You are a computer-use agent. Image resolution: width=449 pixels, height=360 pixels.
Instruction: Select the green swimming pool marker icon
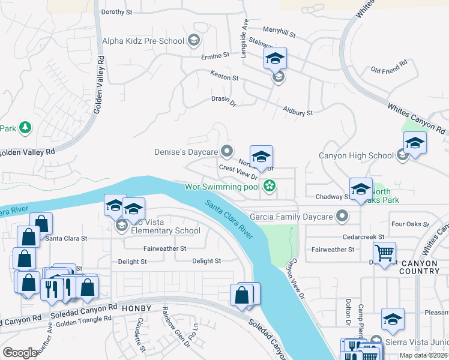(x=270, y=187)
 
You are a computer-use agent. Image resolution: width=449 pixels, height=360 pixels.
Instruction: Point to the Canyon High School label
(x=356, y=156)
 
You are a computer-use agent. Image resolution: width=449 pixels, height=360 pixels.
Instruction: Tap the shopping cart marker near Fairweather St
(x=385, y=252)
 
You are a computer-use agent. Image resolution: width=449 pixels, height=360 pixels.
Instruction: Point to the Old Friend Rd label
(x=389, y=67)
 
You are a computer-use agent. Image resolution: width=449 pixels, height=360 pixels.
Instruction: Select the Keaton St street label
(x=224, y=77)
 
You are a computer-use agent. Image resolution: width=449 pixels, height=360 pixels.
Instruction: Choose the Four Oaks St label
(x=409, y=224)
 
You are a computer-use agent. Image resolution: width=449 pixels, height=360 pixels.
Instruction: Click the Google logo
(x=20, y=352)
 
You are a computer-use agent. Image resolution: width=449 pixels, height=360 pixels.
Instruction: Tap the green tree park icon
(x=25, y=127)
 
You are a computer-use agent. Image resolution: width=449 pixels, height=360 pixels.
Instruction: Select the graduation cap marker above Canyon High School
(x=415, y=143)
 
